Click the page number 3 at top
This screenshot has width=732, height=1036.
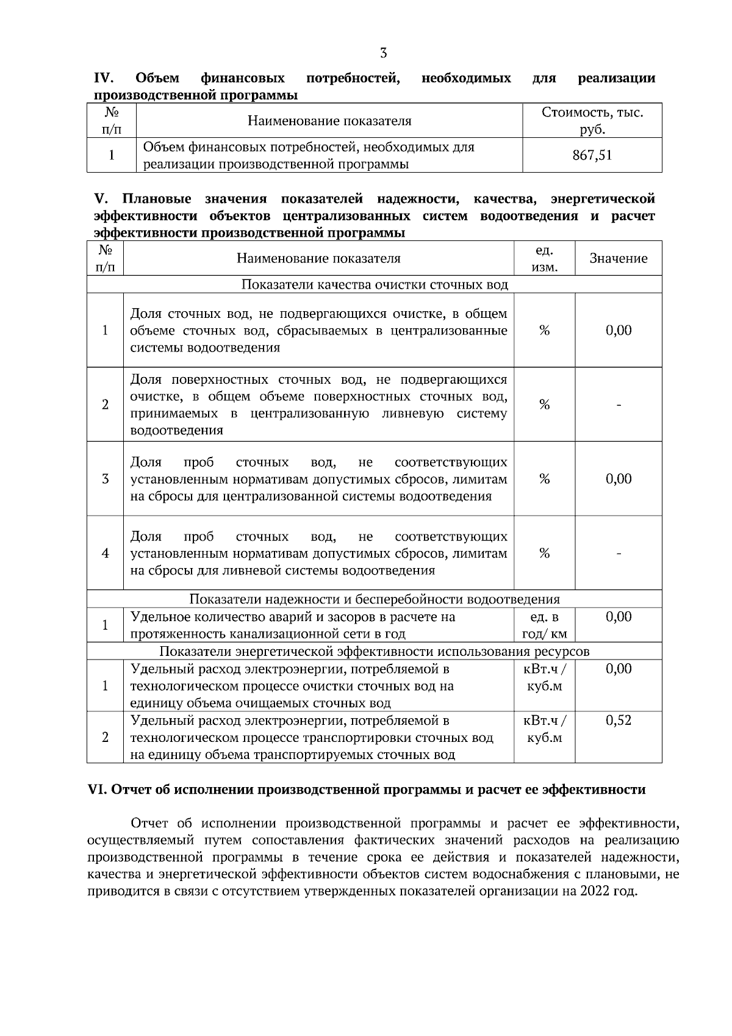[x=383, y=53]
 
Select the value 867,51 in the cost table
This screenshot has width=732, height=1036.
[x=592, y=156]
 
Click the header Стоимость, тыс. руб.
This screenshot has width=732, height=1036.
[x=592, y=121]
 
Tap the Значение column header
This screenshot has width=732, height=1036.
[x=618, y=259]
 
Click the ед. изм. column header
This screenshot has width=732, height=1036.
[x=544, y=259]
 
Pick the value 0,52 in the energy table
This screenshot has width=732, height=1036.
[x=618, y=721]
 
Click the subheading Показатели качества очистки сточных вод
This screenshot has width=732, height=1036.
[x=375, y=285]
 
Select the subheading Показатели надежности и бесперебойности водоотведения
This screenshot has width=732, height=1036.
[x=375, y=599]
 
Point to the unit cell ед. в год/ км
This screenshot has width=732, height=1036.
[x=544, y=625]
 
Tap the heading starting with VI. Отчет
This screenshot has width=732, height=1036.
[x=367, y=790]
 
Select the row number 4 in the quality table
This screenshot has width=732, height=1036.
[x=105, y=553]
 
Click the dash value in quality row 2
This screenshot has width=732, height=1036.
[x=619, y=405]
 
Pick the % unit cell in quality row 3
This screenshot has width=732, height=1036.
[x=544, y=480]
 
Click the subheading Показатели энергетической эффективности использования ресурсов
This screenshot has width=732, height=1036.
[x=375, y=652]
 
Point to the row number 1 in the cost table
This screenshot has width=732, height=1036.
[x=112, y=156]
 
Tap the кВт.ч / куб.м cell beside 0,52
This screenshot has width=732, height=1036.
[x=544, y=730]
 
